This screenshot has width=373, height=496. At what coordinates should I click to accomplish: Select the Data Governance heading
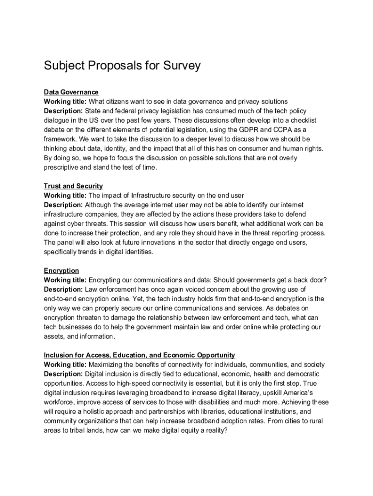coord(71,92)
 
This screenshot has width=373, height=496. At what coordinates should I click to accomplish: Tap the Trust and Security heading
coord(73,186)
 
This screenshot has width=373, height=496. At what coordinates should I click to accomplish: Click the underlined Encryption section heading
coord(62,270)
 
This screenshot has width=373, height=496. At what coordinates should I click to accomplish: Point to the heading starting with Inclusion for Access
coord(140,355)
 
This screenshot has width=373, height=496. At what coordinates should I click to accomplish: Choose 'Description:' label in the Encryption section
coord(63,289)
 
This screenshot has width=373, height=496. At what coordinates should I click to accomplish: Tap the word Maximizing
coord(108,364)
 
